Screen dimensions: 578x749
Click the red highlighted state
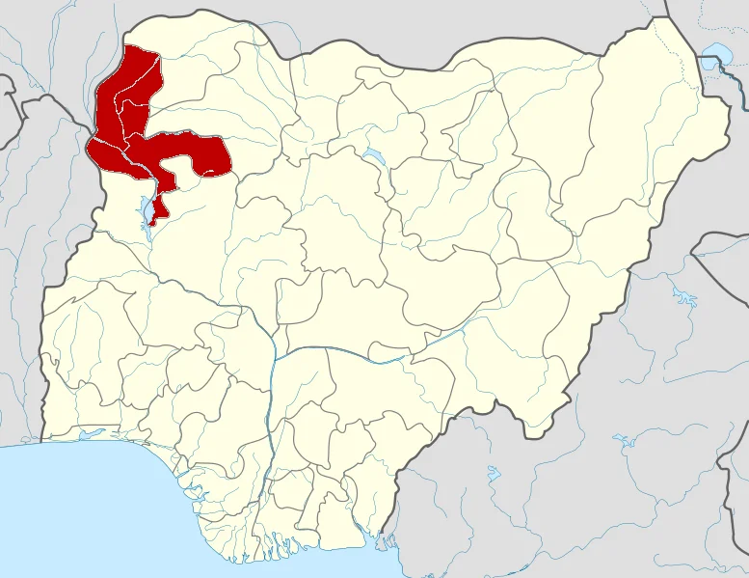coord(135,116)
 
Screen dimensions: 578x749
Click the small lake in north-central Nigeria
coord(372,155)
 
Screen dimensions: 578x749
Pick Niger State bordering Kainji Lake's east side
coord(222,241)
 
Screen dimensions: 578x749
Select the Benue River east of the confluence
coord(386,357)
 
